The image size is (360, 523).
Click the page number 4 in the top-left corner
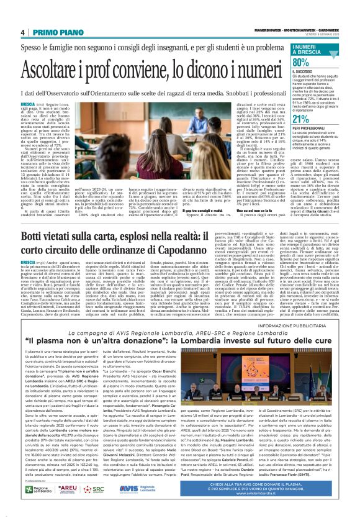tap(22, 32)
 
